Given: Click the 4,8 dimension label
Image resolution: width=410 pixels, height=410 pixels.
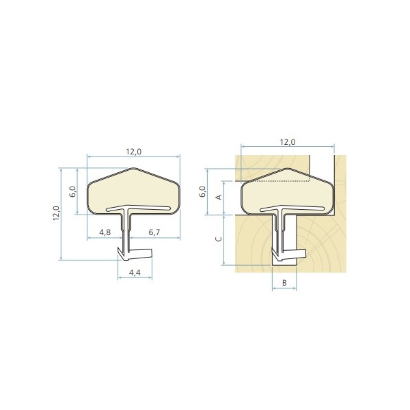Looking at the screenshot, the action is (105, 232).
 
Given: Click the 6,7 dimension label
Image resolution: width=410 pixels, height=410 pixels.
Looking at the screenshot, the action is (154, 232).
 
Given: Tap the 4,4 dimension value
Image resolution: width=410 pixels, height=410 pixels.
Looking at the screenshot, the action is (135, 273).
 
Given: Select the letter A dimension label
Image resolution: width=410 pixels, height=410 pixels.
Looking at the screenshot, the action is (219, 197).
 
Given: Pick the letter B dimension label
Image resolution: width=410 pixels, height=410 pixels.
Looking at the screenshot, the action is (284, 283).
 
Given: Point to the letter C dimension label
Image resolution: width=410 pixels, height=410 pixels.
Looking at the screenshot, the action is (219, 239).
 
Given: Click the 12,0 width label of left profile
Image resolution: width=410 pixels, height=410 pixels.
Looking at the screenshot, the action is (134, 152).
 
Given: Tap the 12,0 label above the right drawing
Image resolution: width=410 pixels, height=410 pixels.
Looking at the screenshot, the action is (288, 142).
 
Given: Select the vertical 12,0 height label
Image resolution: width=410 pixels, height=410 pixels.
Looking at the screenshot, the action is (57, 213).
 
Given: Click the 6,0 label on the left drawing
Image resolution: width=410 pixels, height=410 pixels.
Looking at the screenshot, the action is (73, 191).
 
